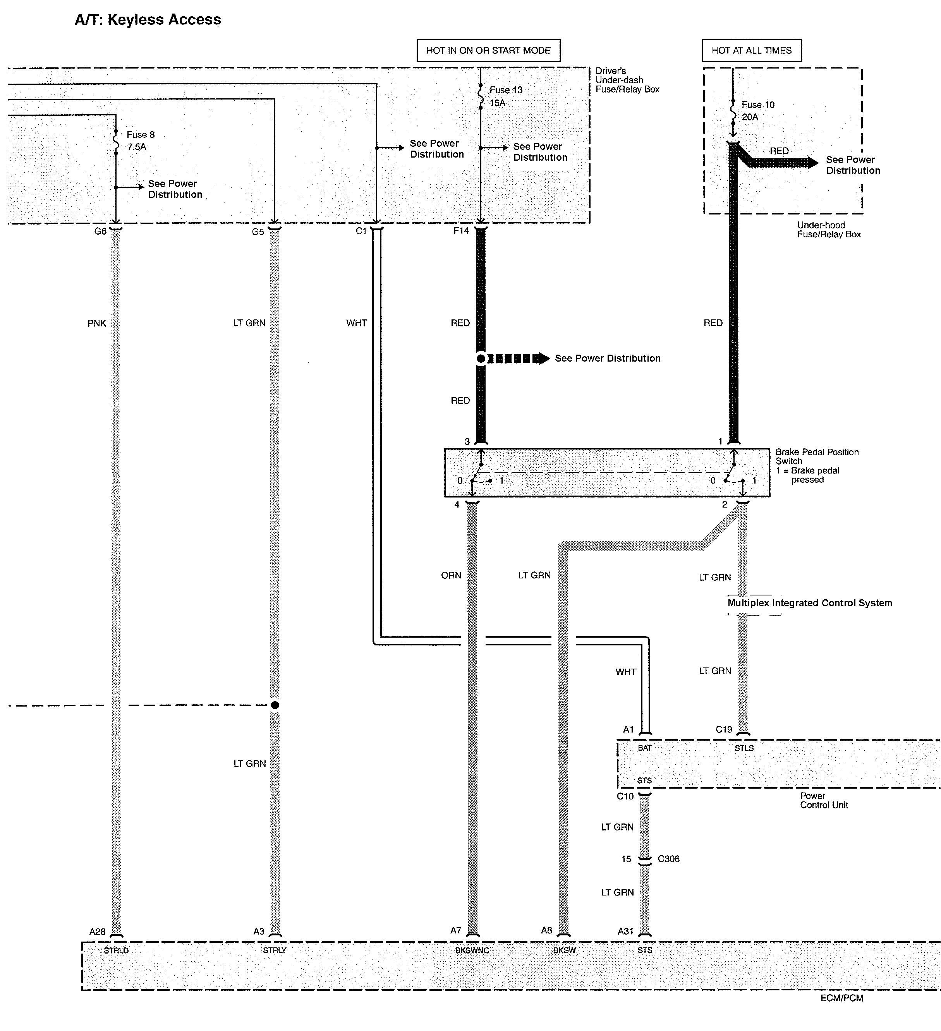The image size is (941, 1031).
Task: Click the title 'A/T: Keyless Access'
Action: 148,20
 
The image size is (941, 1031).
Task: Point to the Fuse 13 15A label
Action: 505,96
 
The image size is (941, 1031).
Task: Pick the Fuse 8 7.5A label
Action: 140,141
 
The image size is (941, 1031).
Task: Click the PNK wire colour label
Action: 97,323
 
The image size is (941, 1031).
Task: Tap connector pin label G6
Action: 100,232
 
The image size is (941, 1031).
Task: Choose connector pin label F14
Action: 461,231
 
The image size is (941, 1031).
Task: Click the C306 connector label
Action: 668,859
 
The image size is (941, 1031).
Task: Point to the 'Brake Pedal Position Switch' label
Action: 817,457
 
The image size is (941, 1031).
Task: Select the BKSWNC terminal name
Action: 472,950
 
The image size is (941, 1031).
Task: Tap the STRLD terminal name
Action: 116,950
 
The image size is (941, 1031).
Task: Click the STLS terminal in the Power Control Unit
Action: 744,748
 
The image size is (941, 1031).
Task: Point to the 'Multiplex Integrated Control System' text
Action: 810,603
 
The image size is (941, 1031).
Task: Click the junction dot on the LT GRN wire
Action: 275,705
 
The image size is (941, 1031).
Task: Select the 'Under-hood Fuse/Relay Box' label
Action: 828,230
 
